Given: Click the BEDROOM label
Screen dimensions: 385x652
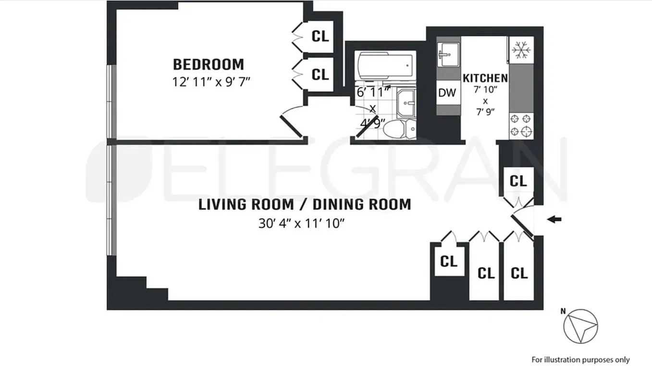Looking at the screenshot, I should click(x=209, y=64).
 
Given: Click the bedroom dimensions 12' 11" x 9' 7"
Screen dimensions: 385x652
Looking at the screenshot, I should click(x=211, y=81).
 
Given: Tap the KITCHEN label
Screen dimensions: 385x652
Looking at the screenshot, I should click(x=485, y=78).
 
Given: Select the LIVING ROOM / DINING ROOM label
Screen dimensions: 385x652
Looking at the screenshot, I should click(x=305, y=205).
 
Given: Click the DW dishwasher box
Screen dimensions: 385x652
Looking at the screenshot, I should click(x=447, y=93).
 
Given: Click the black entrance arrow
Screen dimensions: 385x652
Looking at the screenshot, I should click(x=554, y=220).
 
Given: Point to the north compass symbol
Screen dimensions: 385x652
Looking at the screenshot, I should click(x=580, y=326).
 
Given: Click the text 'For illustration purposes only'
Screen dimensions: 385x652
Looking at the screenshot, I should click(x=580, y=359).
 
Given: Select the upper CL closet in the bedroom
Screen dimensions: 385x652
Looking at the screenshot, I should click(x=320, y=36).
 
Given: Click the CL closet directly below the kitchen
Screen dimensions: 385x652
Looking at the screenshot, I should click(x=518, y=181).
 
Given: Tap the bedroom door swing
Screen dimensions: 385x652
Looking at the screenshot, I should click(x=291, y=124).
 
